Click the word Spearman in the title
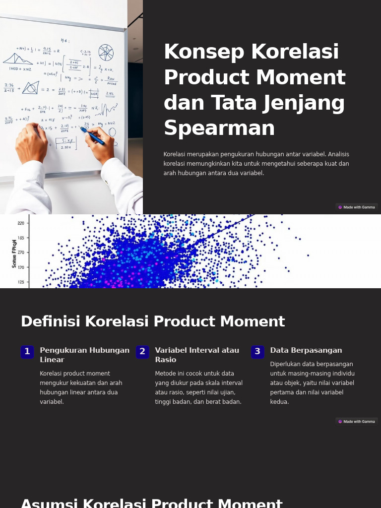[x=219, y=128]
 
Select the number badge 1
[x=27, y=352]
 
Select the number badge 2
[x=142, y=352]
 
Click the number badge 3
[x=257, y=352]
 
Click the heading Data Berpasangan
[x=306, y=350]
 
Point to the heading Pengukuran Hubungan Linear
[x=84, y=355]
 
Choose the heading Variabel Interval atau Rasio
[x=197, y=355]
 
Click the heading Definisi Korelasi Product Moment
[x=153, y=321]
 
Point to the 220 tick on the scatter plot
[x=21, y=223]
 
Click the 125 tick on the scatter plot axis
[x=21, y=282]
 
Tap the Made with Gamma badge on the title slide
[x=356, y=207]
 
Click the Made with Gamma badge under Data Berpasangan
[x=356, y=422]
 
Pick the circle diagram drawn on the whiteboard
[x=106, y=52]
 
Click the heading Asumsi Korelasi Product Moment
[x=151, y=503]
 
